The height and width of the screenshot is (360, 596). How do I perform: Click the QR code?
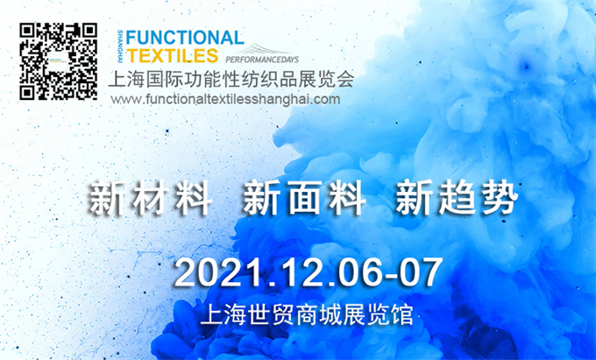(58, 61)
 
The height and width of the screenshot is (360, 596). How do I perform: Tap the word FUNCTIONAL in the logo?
(185, 38)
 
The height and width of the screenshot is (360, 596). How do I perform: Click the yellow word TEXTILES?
(172, 55)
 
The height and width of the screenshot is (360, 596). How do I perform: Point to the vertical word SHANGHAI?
(120, 46)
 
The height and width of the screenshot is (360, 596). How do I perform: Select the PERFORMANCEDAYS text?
(262, 60)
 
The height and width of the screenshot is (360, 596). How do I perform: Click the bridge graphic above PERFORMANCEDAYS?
(263, 49)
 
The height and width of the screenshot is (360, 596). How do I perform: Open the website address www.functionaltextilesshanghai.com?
(225, 100)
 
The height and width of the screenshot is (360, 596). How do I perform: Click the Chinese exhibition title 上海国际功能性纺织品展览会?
(231, 79)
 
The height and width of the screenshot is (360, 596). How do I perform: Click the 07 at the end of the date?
(421, 272)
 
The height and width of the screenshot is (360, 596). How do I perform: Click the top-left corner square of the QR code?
(28, 32)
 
